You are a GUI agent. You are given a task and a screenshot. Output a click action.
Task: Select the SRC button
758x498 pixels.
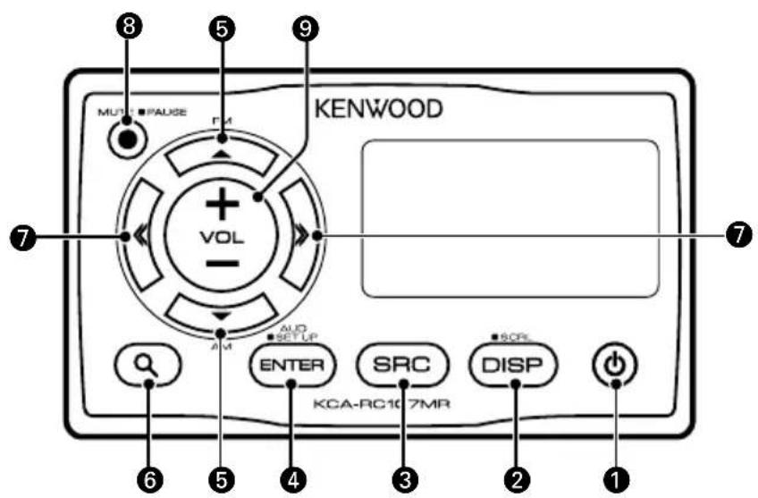pyautogui.click(x=402, y=365)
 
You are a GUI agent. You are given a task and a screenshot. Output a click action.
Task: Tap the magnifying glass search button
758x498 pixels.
pyautogui.click(x=147, y=365)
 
